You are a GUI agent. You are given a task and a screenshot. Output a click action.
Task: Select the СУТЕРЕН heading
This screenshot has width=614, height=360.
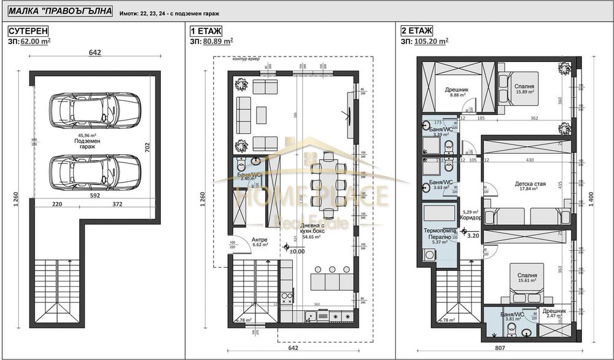[x=28, y=31]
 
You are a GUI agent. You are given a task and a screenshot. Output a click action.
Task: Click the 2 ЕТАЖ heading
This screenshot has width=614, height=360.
[x=418, y=31]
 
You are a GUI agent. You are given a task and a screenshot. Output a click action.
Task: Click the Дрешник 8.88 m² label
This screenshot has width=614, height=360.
[x=457, y=92]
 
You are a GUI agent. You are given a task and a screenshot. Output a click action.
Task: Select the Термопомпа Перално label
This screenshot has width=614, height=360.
[x=440, y=237]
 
